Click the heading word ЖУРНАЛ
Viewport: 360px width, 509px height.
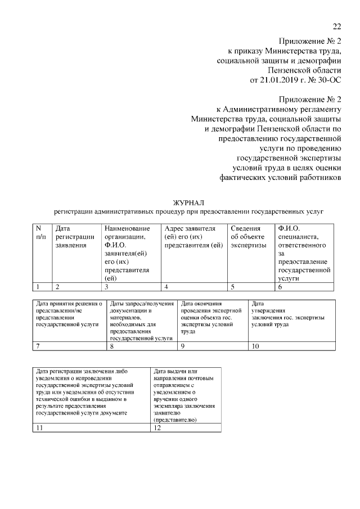click(x=189, y=202)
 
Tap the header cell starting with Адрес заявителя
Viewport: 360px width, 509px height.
click(x=193, y=252)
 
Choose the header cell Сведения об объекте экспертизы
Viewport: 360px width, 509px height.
click(x=251, y=252)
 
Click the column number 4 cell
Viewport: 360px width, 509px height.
click(x=193, y=287)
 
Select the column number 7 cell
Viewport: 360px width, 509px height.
click(x=69, y=346)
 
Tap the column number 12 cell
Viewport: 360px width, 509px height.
click(x=186, y=428)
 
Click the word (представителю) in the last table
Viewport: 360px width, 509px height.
click(x=174, y=420)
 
